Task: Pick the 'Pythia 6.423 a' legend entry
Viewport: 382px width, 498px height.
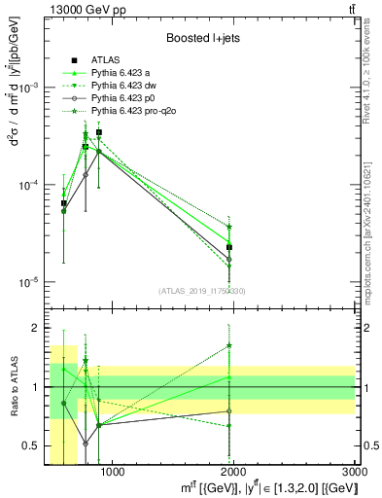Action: tap(122, 73)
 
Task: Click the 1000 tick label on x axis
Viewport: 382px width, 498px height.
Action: tap(112, 475)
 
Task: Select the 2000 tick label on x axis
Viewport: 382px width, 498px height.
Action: tap(233, 475)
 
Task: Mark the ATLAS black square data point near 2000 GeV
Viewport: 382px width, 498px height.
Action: tap(229, 247)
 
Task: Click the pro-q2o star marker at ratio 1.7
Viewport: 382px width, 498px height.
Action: tap(229, 345)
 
